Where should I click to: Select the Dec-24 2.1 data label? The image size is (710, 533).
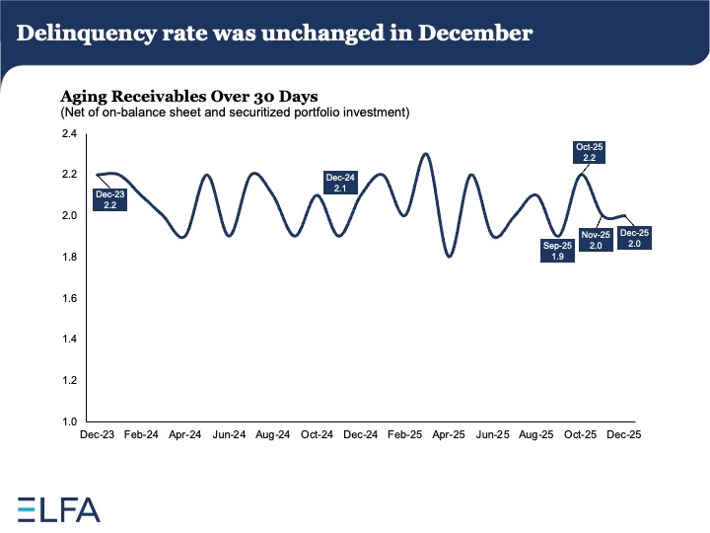pyautogui.click(x=340, y=183)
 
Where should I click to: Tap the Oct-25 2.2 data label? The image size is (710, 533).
pyautogui.click(x=590, y=152)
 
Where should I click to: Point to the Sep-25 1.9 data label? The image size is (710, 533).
pyautogui.click(x=556, y=251)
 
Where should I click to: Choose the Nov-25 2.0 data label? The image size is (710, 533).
pyautogui.click(x=597, y=240)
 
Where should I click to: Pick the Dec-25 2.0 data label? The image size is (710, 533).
pyautogui.click(x=630, y=238)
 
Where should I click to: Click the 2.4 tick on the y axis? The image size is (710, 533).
pyautogui.click(x=70, y=133)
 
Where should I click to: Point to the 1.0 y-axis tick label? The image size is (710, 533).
pyautogui.click(x=70, y=421)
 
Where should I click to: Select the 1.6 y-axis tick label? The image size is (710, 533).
pyautogui.click(x=70, y=298)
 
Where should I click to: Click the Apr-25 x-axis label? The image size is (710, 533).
pyautogui.click(x=449, y=434)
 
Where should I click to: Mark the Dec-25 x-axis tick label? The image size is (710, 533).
pyautogui.click(x=624, y=434)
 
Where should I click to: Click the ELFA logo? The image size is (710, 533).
pyautogui.click(x=59, y=509)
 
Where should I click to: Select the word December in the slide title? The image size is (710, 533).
pyautogui.click(x=475, y=33)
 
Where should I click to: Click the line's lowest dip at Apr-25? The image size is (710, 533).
pyautogui.click(x=450, y=256)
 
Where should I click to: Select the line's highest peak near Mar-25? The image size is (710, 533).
pyautogui.click(x=425, y=154)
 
